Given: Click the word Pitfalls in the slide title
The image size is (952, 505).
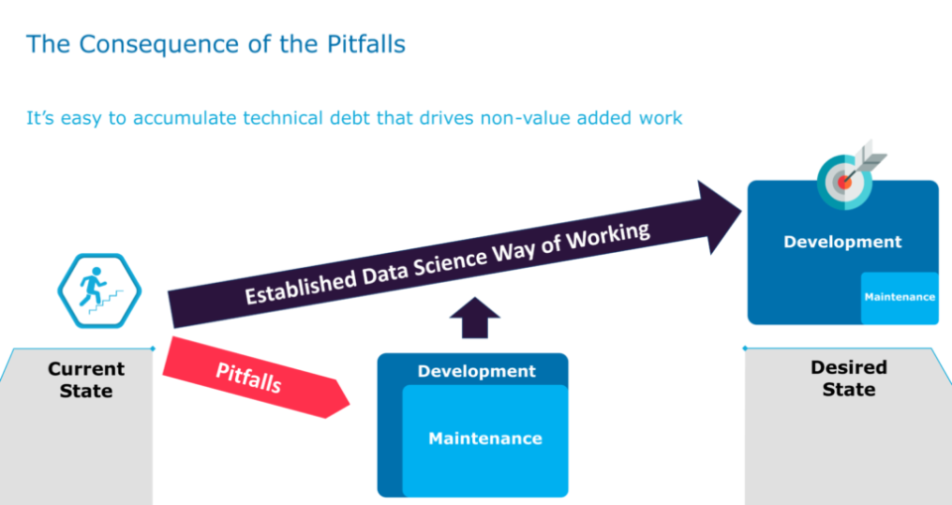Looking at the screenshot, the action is pos(366,45).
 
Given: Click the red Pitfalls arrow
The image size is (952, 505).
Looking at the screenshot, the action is pos(256,377).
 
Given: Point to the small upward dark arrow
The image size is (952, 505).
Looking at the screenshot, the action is pos(475,317).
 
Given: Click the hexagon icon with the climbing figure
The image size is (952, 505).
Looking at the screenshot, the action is pos(99,291).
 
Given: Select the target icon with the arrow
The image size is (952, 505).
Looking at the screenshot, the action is pos(849,175).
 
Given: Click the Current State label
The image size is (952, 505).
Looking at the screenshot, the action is pos(86,379).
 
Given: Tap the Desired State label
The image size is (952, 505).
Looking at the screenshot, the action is pos(849,378).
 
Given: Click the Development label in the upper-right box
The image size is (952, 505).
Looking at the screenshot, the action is pos(843,242).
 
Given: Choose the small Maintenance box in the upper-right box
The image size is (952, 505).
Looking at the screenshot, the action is pos(899,298).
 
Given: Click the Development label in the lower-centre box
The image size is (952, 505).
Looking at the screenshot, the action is pos(477,371).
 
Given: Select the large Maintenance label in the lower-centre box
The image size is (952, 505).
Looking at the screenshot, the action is pos(485,439).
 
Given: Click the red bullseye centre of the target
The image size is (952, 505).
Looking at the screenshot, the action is pos(845,182).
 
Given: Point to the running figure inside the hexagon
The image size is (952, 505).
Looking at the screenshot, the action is pos(91,286).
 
